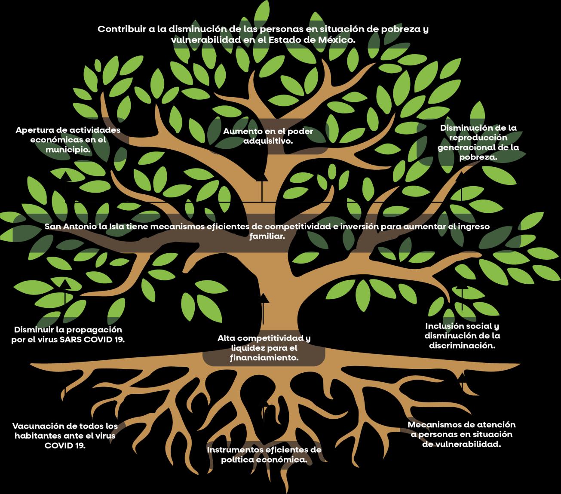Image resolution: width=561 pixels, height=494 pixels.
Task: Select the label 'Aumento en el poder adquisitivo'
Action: tap(268, 136)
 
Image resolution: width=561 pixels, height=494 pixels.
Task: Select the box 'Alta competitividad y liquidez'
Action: tap(264, 348)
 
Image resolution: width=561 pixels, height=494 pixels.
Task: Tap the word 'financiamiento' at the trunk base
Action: tap(264, 358)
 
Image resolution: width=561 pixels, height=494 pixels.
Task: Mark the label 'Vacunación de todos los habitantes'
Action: tap(65, 436)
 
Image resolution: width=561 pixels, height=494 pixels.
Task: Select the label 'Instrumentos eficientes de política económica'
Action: tap(264, 454)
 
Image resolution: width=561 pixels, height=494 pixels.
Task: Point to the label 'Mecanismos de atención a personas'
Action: tap(461, 434)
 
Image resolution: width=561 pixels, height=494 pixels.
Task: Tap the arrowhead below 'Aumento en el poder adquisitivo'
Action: tap(259, 178)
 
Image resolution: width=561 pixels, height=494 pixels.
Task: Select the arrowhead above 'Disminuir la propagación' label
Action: tap(65, 282)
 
